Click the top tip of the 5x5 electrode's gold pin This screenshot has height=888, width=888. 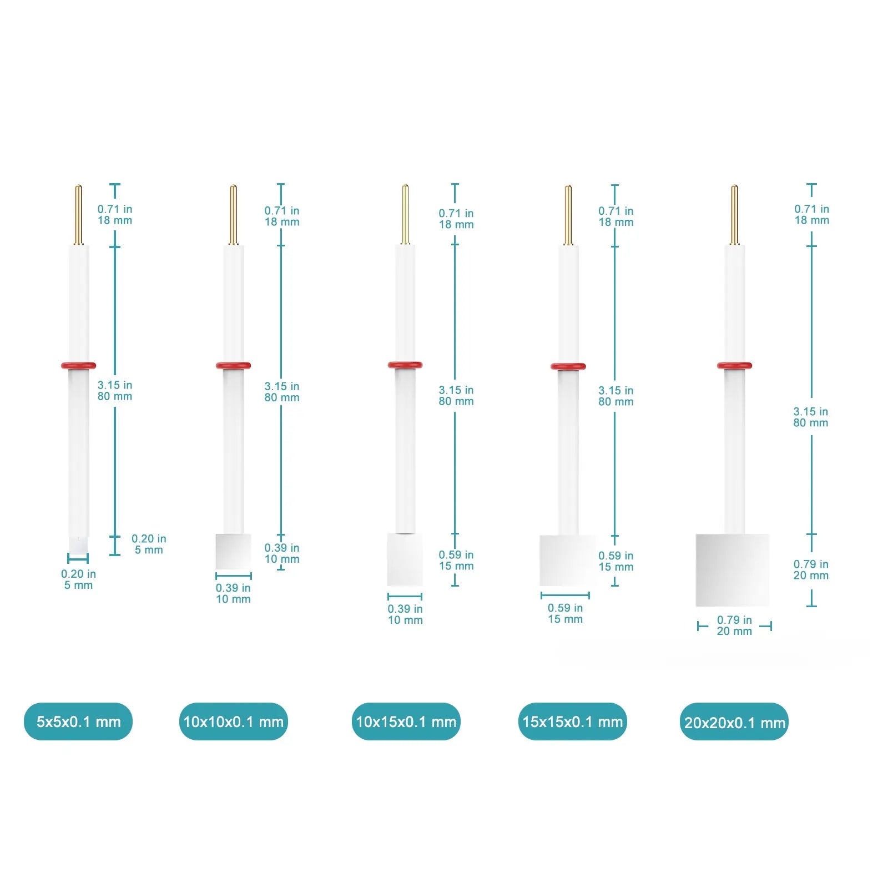pyautogui.click(x=78, y=185)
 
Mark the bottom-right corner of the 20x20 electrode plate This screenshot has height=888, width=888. pyautogui.click(x=769, y=606)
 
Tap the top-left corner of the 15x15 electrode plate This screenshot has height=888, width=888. pyautogui.click(x=540, y=536)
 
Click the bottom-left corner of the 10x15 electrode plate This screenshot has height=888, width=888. pyautogui.click(x=387, y=586)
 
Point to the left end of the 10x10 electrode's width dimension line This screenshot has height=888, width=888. pyautogui.click(x=216, y=576)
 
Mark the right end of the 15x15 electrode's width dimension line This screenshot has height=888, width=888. pyautogui.click(x=589, y=596)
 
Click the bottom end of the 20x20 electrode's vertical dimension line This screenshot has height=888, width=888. pyautogui.click(x=811, y=606)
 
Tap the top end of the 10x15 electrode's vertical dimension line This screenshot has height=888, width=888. pyautogui.click(x=455, y=184)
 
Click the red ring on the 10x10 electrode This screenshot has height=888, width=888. pyautogui.click(x=233, y=365)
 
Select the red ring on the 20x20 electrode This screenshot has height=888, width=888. pyautogui.click(x=734, y=365)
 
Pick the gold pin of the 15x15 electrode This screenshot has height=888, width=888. pyautogui.click(x=568, y=215)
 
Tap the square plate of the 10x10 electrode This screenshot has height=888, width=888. pyautogui.click(x=233, y=551)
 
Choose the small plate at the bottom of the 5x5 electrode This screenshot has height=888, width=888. pyautogui.click(x=78, y=544)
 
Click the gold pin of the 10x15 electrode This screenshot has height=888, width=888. pyautogui.click(x=405, y=214)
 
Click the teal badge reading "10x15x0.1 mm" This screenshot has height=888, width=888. pyautogui.click(x=406, y=722)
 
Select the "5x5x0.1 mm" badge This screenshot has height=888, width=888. pyautogui.click(x=78, y=722)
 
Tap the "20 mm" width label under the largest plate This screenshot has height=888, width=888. pyautogui.click(x=734, y=631)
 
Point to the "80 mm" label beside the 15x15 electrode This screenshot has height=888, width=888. pyautogui.click(x=615, y=401)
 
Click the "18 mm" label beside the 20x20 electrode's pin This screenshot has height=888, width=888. pyautogui.click(x=811, y=220)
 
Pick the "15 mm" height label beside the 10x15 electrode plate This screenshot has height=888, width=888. pyautogui.click(x=456, y=566)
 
